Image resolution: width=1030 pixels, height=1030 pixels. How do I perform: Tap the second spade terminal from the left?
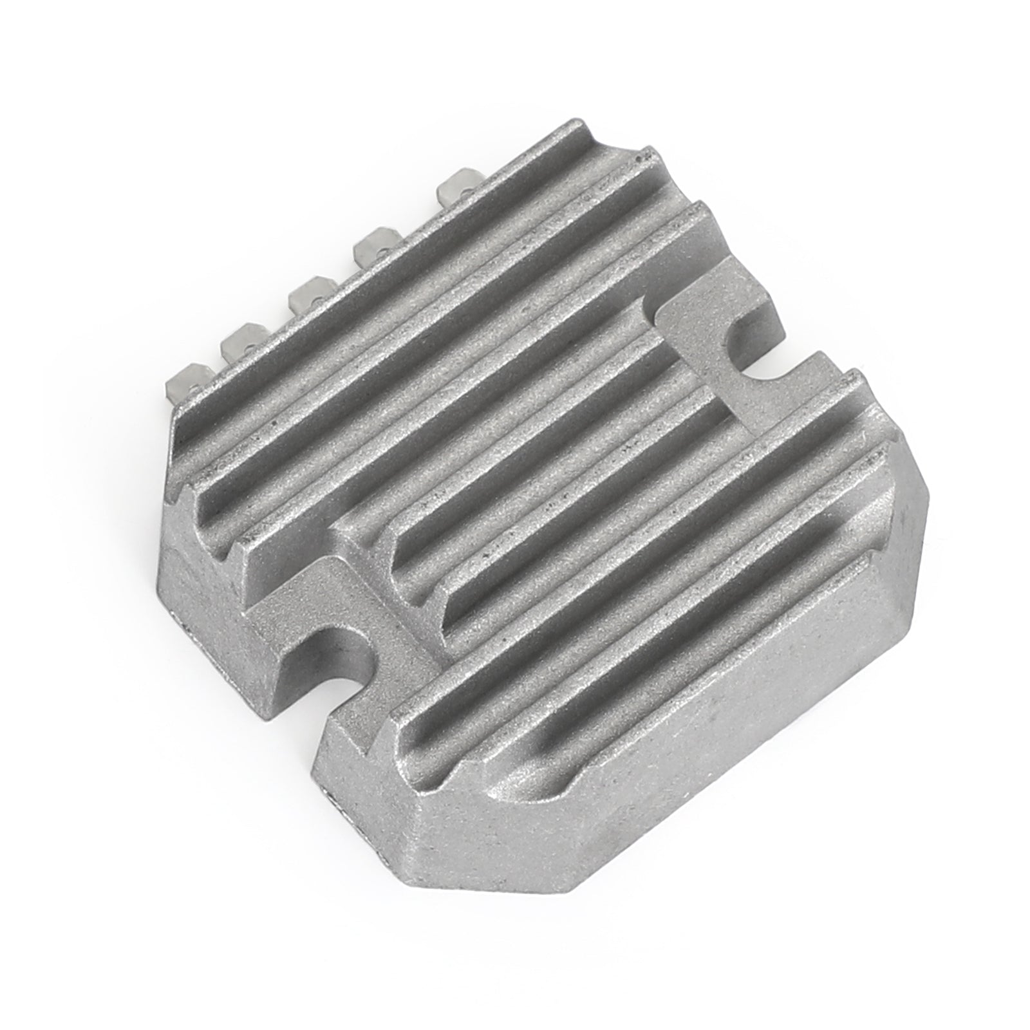(x=238, y=340)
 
